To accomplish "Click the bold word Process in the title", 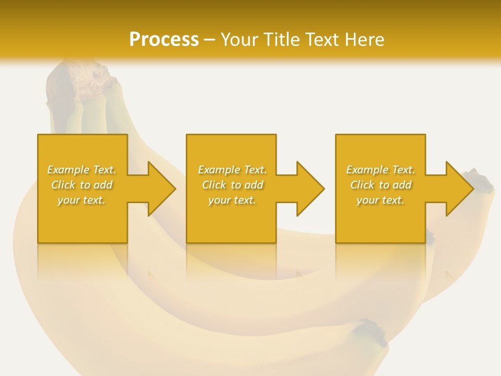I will pyautogui.click(x=164, y=39).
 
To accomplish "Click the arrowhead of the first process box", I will pyautogui.click(x=161, y=189).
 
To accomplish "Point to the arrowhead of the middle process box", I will pyautogui.click(x=309, y=189).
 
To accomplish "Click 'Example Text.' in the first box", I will pyautogui.click(x=82, y=170).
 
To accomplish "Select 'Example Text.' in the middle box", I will pyautogui.click(x=232, y=170).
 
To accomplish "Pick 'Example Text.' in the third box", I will pyautogui.click(x=380, y=170).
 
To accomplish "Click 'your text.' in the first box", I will pyautogui.click(x=82, y=200).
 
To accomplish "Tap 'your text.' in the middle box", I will pyautogui.click(x=232, y=200).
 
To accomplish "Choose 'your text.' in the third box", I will pyautogui.click(x=380, y=200).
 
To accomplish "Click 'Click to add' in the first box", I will pyautogui.click(x=82, y=185).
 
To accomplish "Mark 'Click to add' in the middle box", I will pyautogui.click(x=232, y=185).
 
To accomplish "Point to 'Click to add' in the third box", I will pyautogui.click(x=380, y=185).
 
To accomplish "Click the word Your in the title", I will pyautogui.click(x=241, y=39).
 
